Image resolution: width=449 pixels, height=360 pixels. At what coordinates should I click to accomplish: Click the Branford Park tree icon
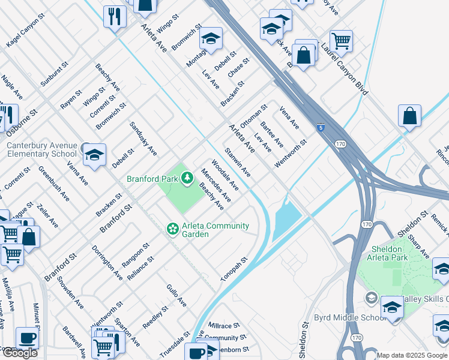[187, 178]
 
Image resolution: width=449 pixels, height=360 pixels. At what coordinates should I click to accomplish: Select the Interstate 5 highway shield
[322, 128]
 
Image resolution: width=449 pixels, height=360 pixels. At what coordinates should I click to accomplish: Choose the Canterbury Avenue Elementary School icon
[94, 155]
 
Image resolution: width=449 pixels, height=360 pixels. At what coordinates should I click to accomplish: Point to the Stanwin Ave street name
[237, 163]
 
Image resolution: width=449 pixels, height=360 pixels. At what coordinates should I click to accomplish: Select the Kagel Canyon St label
[26, 32]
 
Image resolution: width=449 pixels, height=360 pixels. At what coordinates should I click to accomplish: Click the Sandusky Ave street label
[143, 139]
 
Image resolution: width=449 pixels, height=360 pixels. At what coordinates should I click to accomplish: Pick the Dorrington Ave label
[107, 263]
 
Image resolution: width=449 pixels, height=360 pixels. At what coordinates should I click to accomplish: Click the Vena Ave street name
[289, 118]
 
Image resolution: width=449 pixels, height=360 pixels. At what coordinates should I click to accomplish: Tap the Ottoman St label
[253, 115]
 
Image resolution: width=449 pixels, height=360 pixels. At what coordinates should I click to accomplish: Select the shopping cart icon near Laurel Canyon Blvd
[340, 41]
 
